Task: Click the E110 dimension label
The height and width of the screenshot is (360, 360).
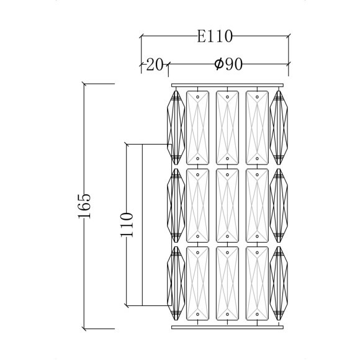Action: tap(215, 37)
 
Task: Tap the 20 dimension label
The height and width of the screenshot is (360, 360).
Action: tap(155, 65)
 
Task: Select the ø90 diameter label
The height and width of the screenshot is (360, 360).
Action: tap(228, 64)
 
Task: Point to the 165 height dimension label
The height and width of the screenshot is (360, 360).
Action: tap(84, 206)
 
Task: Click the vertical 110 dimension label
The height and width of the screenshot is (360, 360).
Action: tap(127, 225)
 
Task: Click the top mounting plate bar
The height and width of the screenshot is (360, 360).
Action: tap(228, 85)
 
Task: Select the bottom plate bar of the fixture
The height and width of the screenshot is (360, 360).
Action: tap(228, 327)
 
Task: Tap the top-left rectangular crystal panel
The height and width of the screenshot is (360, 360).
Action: tap(197, 128)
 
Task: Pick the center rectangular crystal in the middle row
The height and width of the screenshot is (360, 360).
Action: tap(227, 205)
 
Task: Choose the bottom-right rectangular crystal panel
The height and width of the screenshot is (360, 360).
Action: tap(257, 283)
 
